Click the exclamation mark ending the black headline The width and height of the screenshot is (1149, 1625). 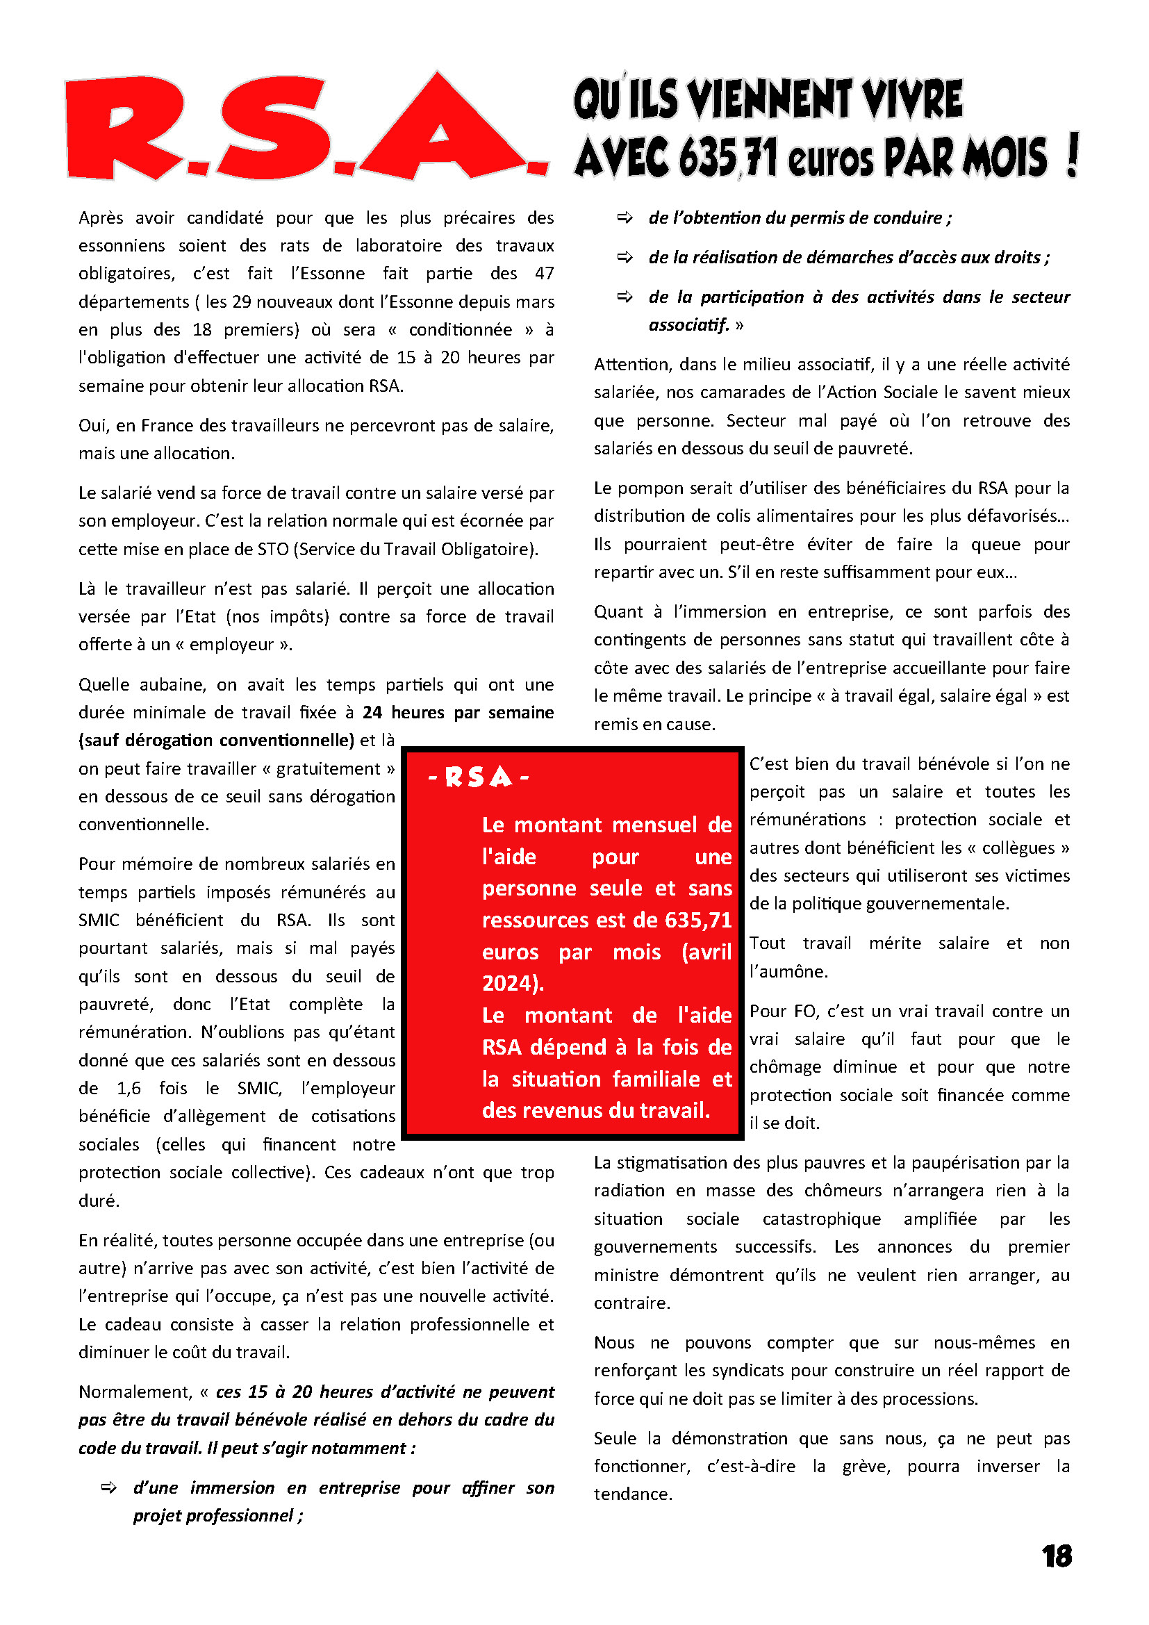click(x=1072, y=155)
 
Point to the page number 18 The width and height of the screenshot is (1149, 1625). click(x=1057, y=1556)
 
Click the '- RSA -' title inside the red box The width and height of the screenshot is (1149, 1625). click(x=479, y=778)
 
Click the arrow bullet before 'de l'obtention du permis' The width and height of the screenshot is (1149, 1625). click(x=625, y=218)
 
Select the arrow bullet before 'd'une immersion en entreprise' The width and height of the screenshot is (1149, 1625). click(x=109, y=1487)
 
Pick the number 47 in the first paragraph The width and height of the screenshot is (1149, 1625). click(x=544, y=274)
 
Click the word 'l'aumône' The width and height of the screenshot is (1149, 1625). click(x=788, y=972)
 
